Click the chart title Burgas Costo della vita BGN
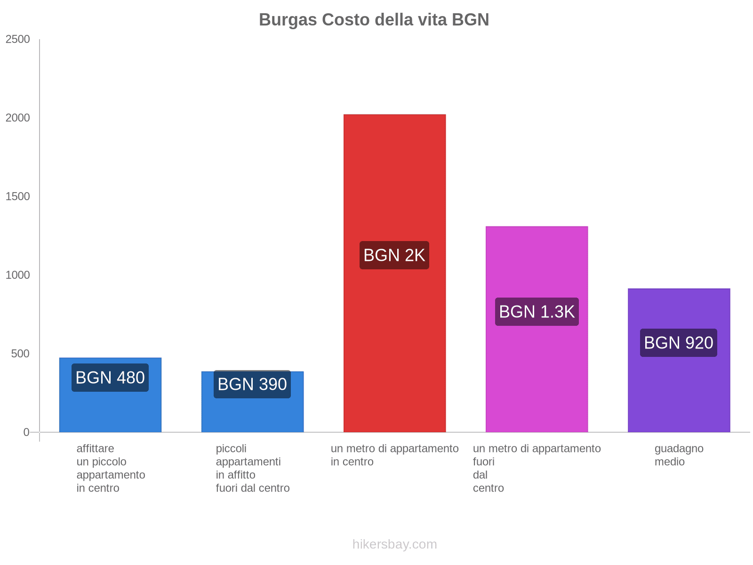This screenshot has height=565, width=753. (x=374, y=20)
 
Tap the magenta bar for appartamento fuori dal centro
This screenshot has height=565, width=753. (x=537, y=377)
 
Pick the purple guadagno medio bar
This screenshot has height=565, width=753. (x=679, y=391)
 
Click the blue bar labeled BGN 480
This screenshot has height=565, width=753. (x=110, y=410)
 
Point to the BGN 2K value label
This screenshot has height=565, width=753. (x=394, y=255)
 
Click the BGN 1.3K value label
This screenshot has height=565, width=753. (x=537, y=312)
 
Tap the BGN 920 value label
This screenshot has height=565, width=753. (x=679, y=343)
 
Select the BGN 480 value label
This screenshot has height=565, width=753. (x=110, y=378)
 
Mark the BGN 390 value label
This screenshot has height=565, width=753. (x=252, y=384)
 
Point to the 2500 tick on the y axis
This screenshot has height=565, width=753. (x=18, y=40)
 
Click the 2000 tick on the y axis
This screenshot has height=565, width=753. (x=18, y=118)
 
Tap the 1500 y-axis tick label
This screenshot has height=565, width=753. (x=18, y=197)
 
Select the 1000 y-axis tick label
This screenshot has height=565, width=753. (x=18, y=275)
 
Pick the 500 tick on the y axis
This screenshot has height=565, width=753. (x=21, y=354)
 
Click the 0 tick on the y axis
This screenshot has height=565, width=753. (x=26, y=432)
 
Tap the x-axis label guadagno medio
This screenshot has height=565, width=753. (x=679, y=455)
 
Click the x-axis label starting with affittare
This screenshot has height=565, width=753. (x=111, y=468)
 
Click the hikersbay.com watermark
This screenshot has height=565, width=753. (x=394, y=544)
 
